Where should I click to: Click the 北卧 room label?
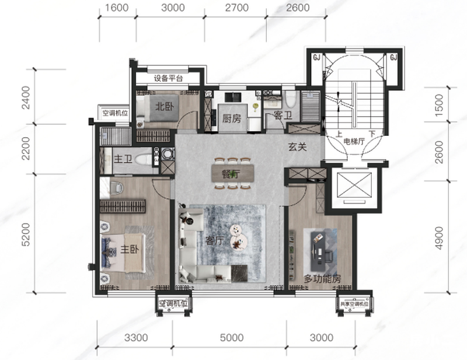(x=165, y=106)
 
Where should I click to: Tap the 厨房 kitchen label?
(x=232, y=118)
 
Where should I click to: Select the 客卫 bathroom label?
(x=283, y=115)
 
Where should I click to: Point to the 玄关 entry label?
(x=297, y=147)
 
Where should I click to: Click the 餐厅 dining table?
(x=232, y=173)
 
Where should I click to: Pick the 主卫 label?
(x=123, y=159)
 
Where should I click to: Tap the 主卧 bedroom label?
(x=130, y=249)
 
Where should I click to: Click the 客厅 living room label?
(x=215, y=240)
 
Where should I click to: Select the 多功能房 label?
(x=323, y=279)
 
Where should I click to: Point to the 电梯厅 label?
(x=354, y=141)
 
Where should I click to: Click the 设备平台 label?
(x=168, y=78)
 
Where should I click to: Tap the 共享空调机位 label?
(x=354, y=304)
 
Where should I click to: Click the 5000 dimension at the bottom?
(x=232, y=338)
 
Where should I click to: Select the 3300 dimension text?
(x=136, y=338)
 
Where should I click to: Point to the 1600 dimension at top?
(x=117, y=8)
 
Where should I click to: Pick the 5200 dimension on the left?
(x=26, y=235)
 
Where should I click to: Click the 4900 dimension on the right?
(x=439, y=238)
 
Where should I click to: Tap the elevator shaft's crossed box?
(x=354, y=185)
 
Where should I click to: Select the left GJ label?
(x=316, y=57)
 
